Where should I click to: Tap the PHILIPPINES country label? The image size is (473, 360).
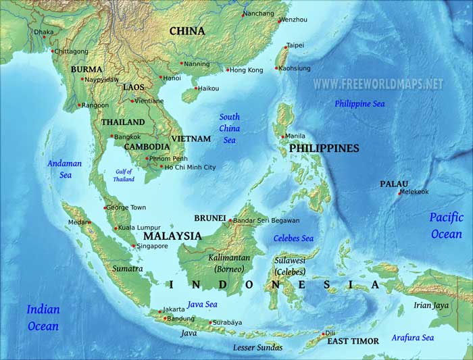(324, 148)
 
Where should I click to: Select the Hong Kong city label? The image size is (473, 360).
(247, 70)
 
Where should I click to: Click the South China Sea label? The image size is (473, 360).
(230, 128)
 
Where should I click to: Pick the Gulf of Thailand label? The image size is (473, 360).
(124, 175)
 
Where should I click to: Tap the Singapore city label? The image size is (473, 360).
(152, 247)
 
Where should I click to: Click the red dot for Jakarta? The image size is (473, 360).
(160, 311)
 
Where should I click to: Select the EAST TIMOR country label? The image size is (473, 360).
(353, 341)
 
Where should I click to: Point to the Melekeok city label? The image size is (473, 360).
(414, 192)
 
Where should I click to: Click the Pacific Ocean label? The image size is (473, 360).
(447, 226)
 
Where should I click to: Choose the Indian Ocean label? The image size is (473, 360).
(43, 317)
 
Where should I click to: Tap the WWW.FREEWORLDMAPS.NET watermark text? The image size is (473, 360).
(378, 84)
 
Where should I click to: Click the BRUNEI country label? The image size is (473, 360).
(209, 218)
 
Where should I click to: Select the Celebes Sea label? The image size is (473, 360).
(293, 238)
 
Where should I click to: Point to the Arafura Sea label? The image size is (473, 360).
(412, 338)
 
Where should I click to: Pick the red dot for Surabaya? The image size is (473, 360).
(210, 323)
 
